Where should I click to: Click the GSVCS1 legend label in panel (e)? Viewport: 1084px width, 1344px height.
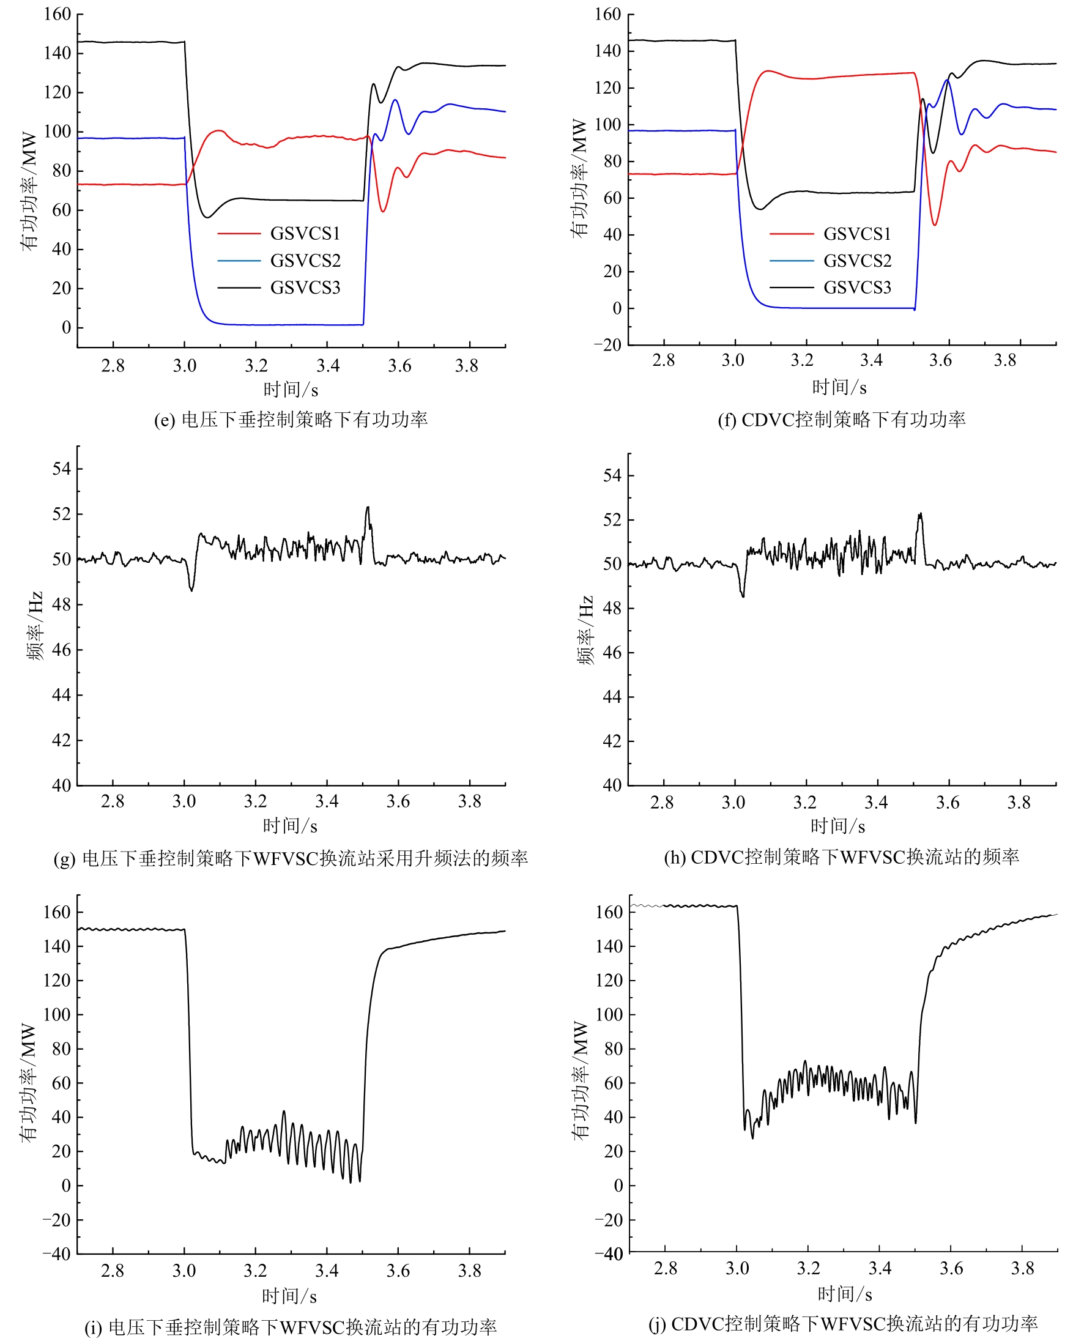305,234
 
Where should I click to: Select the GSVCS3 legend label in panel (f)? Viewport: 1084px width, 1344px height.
856,288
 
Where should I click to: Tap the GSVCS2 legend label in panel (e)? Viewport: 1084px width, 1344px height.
305,261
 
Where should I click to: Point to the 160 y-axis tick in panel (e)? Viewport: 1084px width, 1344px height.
58,13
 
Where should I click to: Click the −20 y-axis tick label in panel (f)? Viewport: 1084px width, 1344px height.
607,345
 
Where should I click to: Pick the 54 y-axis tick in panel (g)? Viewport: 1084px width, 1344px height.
62,469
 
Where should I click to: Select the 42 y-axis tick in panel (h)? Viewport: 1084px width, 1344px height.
612,741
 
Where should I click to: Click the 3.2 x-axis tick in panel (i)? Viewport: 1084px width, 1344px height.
255,1271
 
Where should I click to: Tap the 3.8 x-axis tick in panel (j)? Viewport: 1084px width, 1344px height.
1022,1268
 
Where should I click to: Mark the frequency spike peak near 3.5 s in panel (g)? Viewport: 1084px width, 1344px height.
368,507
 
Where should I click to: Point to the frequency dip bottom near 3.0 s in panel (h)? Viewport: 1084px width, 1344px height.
743,596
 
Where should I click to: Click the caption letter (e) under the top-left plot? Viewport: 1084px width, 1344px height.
165,420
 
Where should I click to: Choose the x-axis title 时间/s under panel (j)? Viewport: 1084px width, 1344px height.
844,1294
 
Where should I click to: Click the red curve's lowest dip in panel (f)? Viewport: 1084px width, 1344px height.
934,225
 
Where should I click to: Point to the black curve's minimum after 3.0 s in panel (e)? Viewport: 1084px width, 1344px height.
208,217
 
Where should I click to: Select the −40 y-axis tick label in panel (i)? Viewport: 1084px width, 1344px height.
57,1253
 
